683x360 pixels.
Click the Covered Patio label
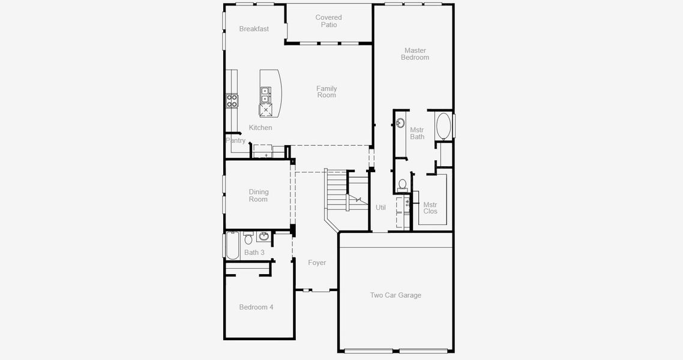[x=328, y=21]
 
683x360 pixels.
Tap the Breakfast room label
[x=254, y=29]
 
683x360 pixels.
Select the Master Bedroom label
[x=415, y=54]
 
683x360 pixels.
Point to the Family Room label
[x=326, y=92]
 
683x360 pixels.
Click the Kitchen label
[x=260, y=128]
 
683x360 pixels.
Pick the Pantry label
[x=236, y=141]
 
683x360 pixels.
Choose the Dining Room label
[x=259, y=196]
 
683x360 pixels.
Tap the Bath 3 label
[x=254, y=253]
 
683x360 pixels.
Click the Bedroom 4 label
[x=256, y=307]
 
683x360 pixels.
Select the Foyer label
[x=317, y=263]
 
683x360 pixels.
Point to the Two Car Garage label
[x=396, y=295]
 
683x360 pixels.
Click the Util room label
[x=381, y=208]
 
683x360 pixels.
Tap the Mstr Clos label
[x=430, y=208]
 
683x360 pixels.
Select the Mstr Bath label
[x=417, y=133]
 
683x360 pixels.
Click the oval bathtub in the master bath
[x=444, y=126]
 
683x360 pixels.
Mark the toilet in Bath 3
[x=248, y=239]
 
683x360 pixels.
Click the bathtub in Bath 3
[x=232, y=245]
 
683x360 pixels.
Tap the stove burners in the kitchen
[x=232, y=101]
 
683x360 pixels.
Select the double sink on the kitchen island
[x=265, y=95]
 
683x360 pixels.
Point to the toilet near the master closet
[x=403, y=184]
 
